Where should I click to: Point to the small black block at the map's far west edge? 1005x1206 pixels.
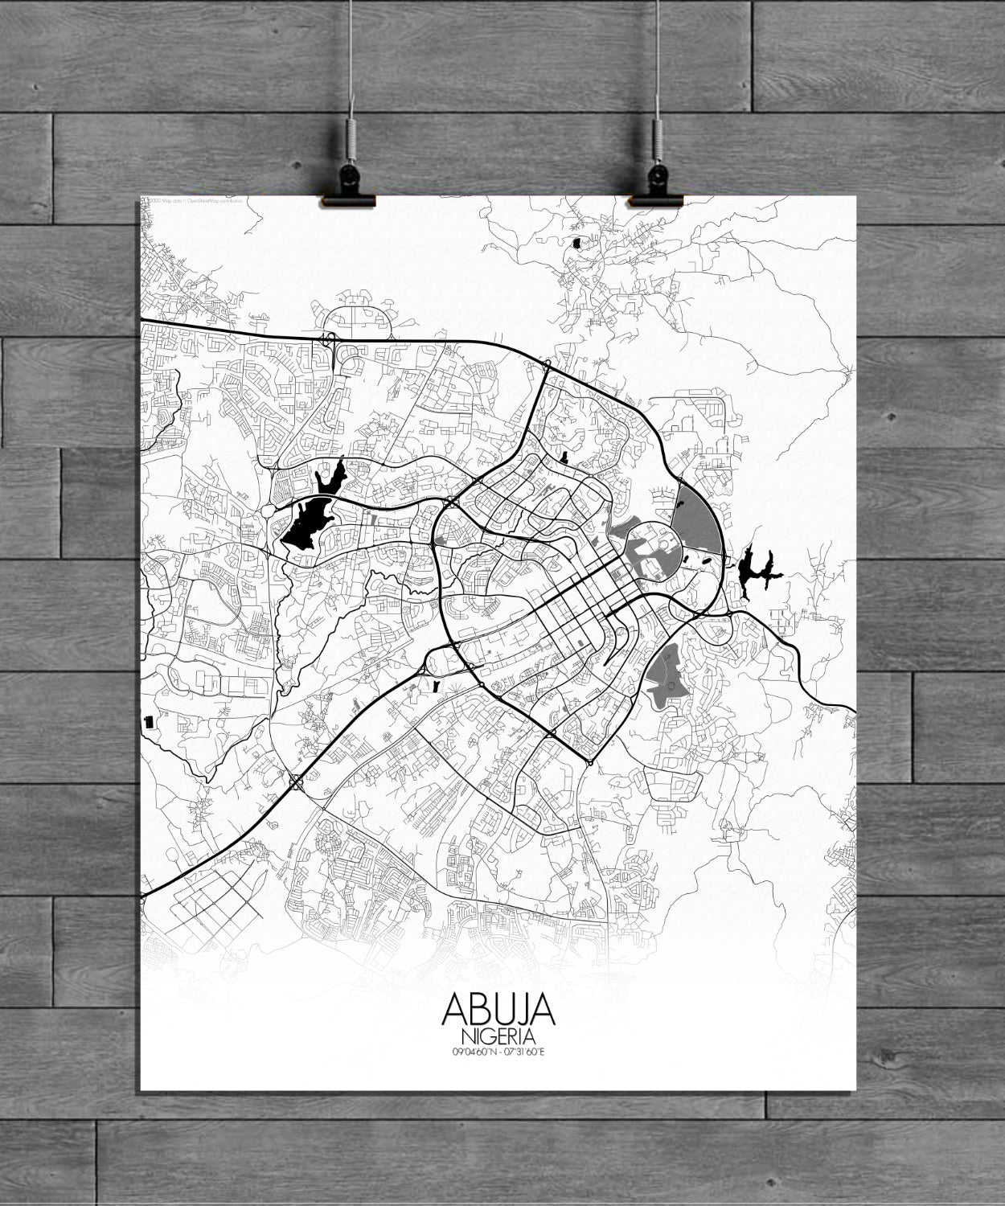[x=147, y=722]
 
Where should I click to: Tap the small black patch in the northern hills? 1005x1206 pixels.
[x=577, y=240]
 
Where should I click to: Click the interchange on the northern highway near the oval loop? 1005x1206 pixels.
[x=330, y=342]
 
